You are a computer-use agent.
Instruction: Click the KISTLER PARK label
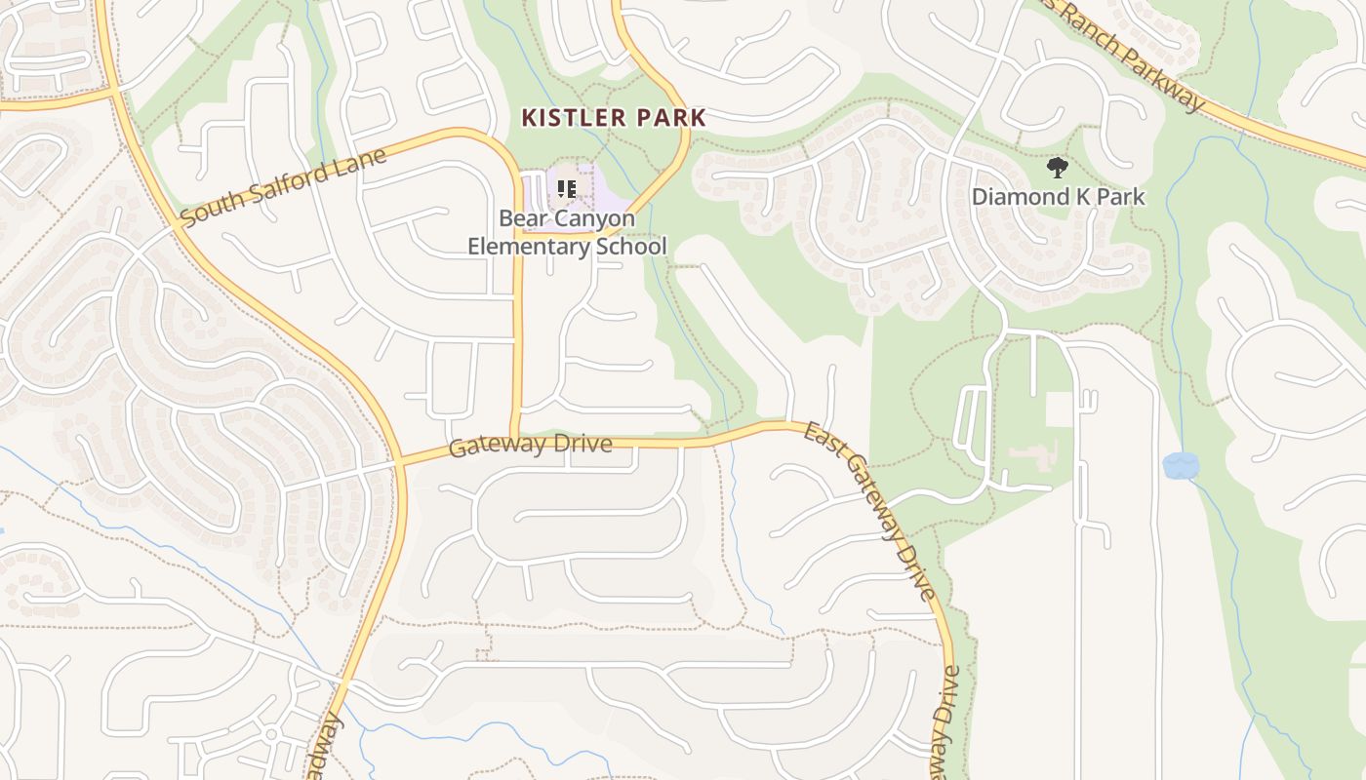pos(614,118)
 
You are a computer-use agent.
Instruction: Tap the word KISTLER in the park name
pos(574,118)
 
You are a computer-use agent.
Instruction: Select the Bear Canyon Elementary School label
pos(567,232)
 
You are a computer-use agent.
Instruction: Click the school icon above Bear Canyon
pos(567,188)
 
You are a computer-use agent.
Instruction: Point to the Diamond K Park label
pos(1058,197)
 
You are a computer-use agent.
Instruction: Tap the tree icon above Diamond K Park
pos(1057,169)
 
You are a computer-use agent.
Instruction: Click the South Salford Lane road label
pos(283,185)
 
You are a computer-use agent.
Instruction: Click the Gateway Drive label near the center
pos(531,446)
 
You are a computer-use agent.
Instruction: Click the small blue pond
pos(1180,465)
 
